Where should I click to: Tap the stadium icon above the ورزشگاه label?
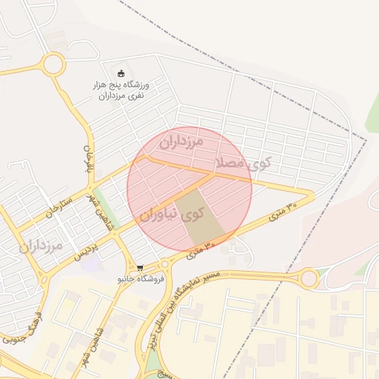pos(121,73)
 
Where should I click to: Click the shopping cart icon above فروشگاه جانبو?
pos(139,268)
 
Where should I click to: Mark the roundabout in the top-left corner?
pos(53,64)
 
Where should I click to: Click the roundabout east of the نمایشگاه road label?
pos(309,279)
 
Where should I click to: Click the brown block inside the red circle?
pos(199,217)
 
